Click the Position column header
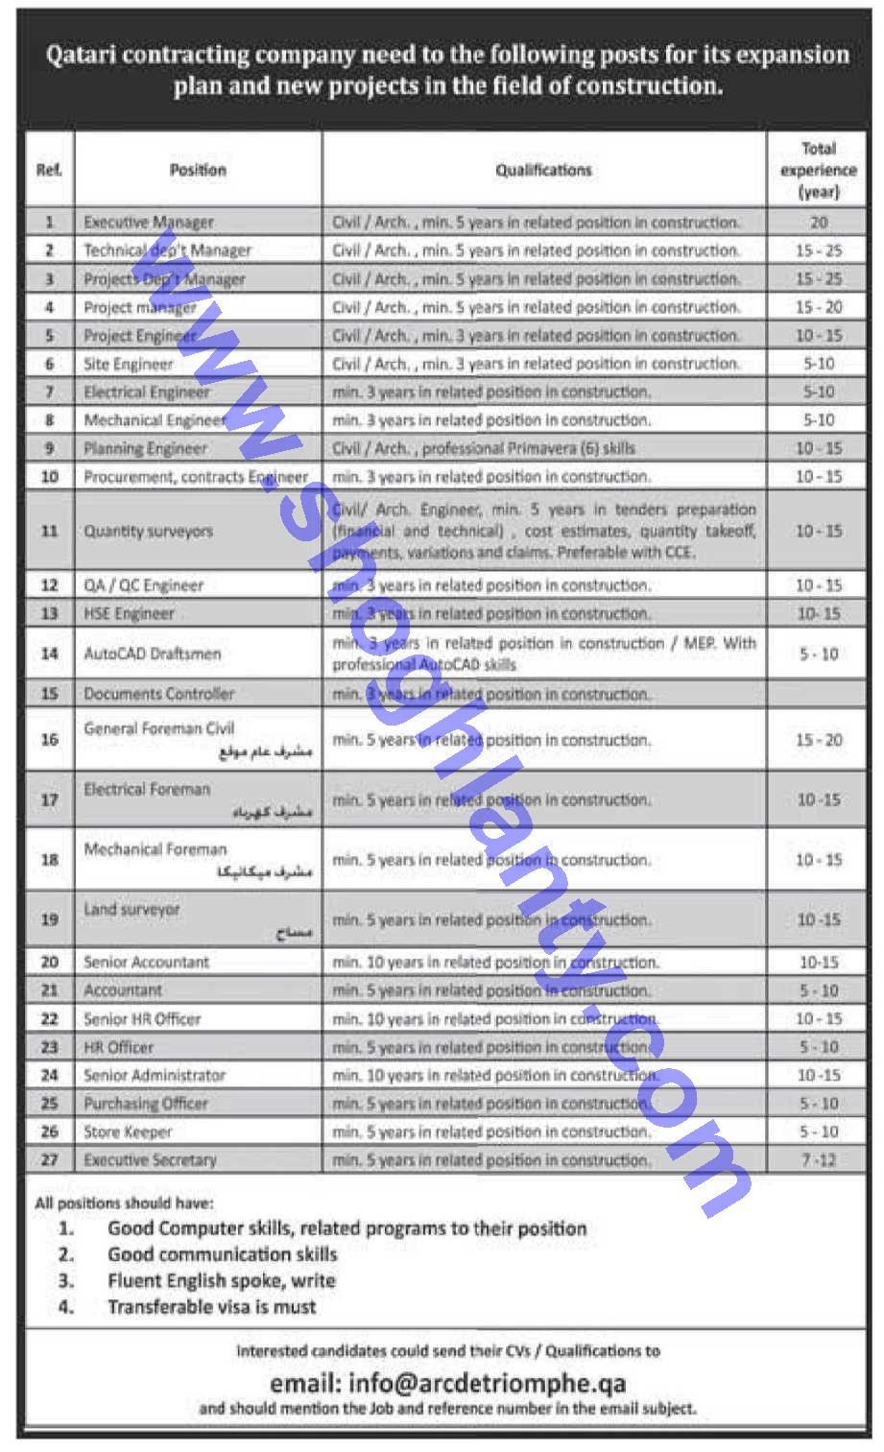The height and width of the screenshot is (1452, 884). (x=198, y=170)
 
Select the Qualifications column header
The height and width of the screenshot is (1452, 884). (x=543, y=170)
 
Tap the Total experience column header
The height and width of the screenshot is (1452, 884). (x=818, y=170)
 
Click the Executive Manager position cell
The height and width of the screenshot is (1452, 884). (x=149, y=222)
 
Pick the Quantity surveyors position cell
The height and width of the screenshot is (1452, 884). (x=149, y=531)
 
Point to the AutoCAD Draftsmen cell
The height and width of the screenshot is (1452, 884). (x=153, y=654)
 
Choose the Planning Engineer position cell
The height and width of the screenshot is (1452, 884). (x=145, y=448)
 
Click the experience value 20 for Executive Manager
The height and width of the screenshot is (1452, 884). (x=818, y=222)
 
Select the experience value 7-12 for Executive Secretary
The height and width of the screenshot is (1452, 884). (x=818, y=1159)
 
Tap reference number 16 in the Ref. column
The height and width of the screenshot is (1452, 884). (x=50, y=739)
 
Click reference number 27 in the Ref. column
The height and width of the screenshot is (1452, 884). (x=50, y=1159)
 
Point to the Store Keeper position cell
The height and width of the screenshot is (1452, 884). (x=128, y=1131)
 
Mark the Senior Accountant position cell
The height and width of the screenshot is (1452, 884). (x=146, y=962)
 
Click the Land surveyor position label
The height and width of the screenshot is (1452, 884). (x=131, y=909)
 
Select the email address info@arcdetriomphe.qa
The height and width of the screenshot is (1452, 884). (x=447, y=1383)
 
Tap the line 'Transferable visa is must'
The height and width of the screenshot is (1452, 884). (x=211, y=1306)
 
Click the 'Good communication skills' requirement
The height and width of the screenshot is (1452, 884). (x=222, y=1254)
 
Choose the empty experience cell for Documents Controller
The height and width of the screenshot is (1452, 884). (x=818, y=693)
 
